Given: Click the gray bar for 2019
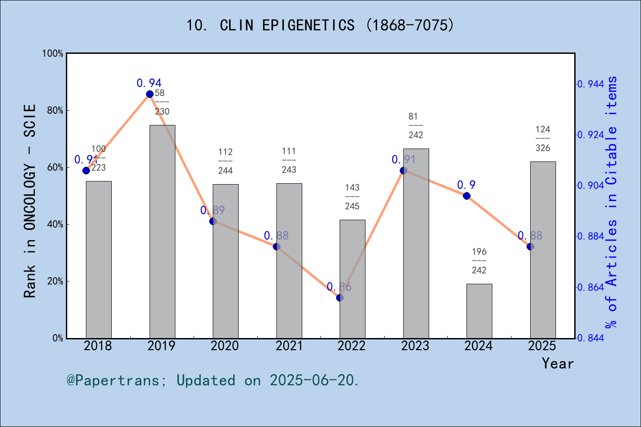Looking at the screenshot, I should point(162,231).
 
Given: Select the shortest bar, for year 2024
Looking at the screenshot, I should point(479,311).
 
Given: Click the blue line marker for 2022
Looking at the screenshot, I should point(340,298).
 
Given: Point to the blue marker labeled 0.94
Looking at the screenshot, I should point(150,94).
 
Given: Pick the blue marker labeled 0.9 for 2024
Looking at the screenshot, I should point(467,196).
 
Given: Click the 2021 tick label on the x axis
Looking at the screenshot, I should point(289,346).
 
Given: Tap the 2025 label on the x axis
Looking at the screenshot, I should point(542,346).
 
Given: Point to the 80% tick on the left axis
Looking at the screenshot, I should point(55,110).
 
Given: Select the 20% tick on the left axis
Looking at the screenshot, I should point(55,281).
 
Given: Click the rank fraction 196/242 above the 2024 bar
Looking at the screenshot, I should point(479,261).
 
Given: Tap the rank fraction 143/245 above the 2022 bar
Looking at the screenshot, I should point(352,197).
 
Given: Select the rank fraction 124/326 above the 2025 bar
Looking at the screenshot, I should point(543,139).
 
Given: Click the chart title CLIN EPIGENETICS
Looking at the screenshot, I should point(320,25).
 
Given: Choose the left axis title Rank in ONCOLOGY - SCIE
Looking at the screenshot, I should point(30,201).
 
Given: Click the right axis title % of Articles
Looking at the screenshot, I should point(612,202).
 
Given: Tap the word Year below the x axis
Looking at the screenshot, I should point(557,363).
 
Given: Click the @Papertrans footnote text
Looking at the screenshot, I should point(213,380).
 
